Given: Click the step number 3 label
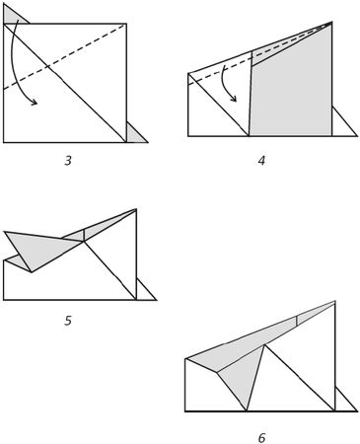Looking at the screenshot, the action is pyautogui.click(x=68, y=161).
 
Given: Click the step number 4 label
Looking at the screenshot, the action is pyautogui.click(x=261, y=161).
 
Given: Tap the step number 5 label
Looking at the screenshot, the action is pyautogui.click(x=68, y=321).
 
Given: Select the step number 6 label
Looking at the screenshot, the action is pyautogui.click(x=261, y=438).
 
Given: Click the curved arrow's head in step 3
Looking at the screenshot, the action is pyautogui.click(x=34, y=103).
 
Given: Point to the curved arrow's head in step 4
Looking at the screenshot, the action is pyautogui.click(x=234, y=99).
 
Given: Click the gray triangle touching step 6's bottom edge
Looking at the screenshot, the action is pyautogui.click(x=245, y=377).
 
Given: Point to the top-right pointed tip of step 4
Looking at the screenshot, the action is pyautogui.click(x=331, y=22).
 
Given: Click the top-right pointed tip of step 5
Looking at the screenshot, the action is pyautogui.click(x=136, y=209).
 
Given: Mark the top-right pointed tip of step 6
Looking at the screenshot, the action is pyautogui.click(x=335, y=301).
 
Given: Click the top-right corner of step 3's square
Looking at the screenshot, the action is pyautogui.click(x=126, y=24).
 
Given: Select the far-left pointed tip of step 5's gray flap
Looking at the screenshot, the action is pyautogui.click(x=5, y=232).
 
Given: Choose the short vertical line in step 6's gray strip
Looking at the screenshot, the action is pyautogui.click(x=297, y=321).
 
